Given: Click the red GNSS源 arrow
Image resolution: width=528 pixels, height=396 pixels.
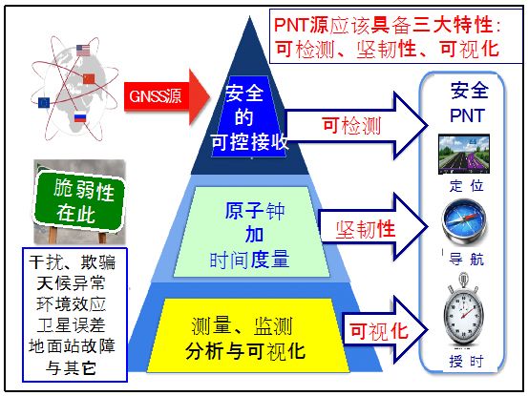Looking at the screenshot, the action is pyautogui.click(x=167, y=96).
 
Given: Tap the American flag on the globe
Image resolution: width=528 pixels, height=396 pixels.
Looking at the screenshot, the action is pyautogui.click(x=83, y=51).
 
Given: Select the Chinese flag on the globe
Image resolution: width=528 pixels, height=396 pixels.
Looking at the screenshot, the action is pyautogui.click(x=89, y=78).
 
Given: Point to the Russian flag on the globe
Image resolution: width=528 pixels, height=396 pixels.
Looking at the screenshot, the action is pyautogui.click(x=80, y=116).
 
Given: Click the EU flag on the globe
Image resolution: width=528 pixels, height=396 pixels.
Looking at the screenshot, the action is pyautogui.click(x=44, y=102).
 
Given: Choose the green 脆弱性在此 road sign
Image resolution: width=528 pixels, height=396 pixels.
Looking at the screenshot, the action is pyautogui.click(x=79, y=201).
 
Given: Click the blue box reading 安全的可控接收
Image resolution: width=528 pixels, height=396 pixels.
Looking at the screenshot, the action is pyautogui.click(x=249, y=116).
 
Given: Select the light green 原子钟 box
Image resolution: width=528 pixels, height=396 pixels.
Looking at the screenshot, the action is pyautogui.click(x=251, y=232).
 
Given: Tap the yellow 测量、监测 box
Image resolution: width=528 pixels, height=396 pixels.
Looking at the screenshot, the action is pyautogui.click(x=248, y=335).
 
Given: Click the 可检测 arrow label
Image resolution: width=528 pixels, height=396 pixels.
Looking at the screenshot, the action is pyautogui.click(x=351, y=126).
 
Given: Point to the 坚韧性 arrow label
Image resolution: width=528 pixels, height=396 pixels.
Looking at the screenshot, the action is pyautogui.click(x=365, y=230).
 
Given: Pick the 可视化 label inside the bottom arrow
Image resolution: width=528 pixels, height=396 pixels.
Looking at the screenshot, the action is pyautogui.click(x=378, y=331).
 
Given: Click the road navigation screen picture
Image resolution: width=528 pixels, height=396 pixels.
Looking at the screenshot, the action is pyautogui.click(x=464, y=154).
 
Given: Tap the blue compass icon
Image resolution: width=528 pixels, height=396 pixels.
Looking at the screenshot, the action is pyautogui.click(x=465, y=221).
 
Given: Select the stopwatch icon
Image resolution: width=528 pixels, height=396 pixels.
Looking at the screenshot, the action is pyautogui.click(x=464, y=310).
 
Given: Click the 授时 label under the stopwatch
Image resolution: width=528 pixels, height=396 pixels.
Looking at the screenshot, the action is pyautogui.click(x=466, y=362).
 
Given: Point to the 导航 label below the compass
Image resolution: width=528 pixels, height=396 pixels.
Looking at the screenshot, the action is pyautogui.click(x=466, y=260).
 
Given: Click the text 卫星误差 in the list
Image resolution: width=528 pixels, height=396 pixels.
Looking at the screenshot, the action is pyautogui.click(x=72, y=325).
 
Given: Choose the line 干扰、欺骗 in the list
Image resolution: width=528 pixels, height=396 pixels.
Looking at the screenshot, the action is pyautogui.click(x=72, y=262).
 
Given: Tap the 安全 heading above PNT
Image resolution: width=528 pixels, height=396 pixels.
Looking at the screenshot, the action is pyautogui.click(x=470, y=91).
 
